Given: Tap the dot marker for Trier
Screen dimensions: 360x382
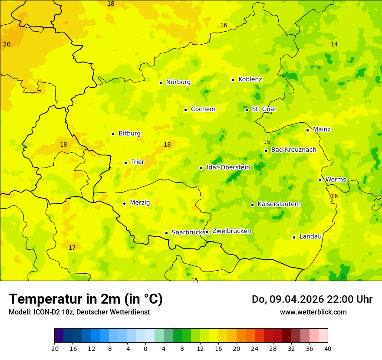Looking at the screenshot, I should [x=125, y=163].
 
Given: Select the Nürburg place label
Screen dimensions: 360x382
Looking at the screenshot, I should [x=178, y=82].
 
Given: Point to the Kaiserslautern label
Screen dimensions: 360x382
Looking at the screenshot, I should [x=279, y=204].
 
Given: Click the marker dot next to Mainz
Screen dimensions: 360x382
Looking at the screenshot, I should [x=307, y=130].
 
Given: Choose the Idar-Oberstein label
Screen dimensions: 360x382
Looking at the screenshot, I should [x=228, y=167].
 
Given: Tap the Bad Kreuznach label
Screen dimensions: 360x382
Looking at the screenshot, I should [x=293, y=150].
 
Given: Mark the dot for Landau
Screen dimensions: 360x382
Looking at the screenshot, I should [x=294, y=237].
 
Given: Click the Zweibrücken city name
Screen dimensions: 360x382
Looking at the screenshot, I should [x=231, y=231].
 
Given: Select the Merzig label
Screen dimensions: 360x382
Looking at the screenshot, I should [x=140, y=203].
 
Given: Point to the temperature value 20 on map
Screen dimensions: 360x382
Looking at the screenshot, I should [x=7, y=44].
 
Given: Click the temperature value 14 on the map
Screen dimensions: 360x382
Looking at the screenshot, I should [x=334, y=44].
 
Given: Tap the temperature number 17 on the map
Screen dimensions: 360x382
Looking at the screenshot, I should [x=72, y=248].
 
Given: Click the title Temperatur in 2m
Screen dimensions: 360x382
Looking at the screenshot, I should [x=86, y=299].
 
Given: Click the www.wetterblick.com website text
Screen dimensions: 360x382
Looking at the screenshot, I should [x=313, y=312].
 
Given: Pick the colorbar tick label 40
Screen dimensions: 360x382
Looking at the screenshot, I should [x=328, y=348].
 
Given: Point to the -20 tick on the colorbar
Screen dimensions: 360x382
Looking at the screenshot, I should [x=54, y=348].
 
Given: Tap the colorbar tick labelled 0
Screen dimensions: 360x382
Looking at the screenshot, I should [x=145, y=348].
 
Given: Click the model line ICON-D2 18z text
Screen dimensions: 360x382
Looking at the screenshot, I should [x=79, y=312].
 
